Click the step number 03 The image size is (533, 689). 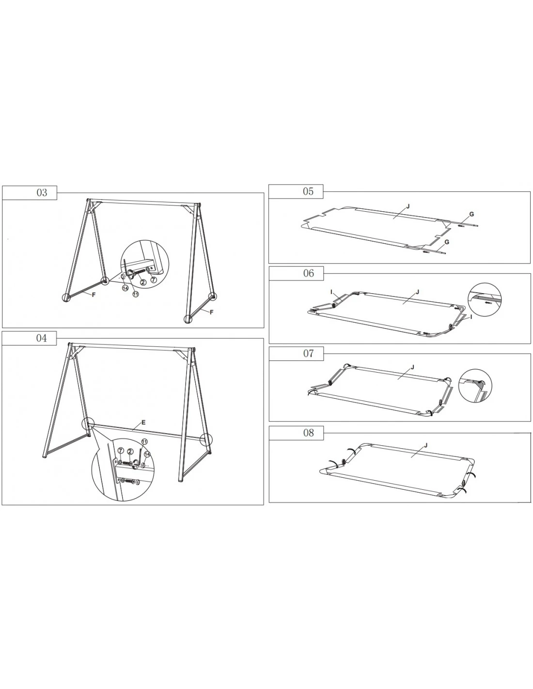tap(42, 193)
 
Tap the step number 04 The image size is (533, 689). tap(42, 338)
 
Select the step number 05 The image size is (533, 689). tap(308, 191)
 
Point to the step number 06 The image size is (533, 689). tap(309, 273)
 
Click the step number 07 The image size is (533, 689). tap(309, 354)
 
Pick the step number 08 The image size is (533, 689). tap(309, 433)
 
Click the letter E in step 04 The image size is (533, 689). tap(143, 423)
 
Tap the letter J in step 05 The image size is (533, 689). tap(408, 206)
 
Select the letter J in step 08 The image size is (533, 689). tap(425, 445)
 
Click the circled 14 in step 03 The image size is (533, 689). tap(125, 288)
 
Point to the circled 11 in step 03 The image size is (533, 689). tap(136, 294)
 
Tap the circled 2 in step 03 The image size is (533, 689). tap(143, 282)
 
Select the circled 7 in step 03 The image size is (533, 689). tap(154, 280)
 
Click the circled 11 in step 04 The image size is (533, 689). tap(144, 442)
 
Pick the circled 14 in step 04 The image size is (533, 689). tap(147, 454)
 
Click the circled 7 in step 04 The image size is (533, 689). tap(121, 451)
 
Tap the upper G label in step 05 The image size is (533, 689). tap(471, 214)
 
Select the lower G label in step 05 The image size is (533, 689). tap(447, 242)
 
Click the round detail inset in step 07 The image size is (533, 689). tap(475, 386)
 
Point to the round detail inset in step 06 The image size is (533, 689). tap(485, 299)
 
